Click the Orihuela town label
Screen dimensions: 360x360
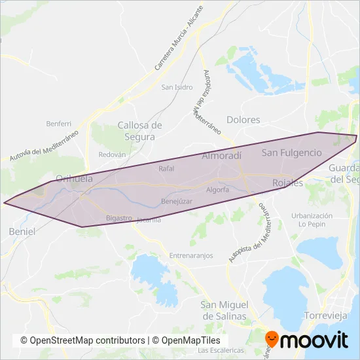74,177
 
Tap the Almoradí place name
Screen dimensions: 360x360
222,156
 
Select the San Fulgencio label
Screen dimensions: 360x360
292,153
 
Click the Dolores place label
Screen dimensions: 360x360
243,120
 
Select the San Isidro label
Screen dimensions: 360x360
176,87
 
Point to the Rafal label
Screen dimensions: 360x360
166,168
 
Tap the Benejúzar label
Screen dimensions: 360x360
177,202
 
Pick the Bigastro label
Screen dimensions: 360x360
118,217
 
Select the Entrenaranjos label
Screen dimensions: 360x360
191,255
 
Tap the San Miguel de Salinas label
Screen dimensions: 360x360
224,310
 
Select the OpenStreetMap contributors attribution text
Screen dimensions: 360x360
82,340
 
